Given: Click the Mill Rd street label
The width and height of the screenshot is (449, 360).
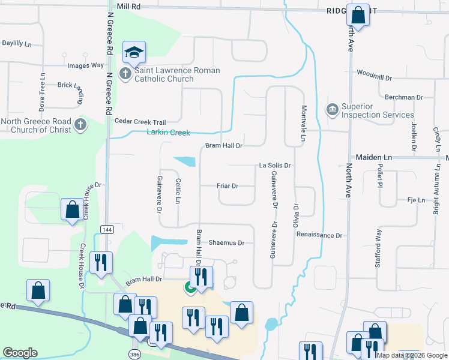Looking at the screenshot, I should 128,5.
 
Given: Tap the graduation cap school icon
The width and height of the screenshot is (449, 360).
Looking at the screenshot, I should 134,52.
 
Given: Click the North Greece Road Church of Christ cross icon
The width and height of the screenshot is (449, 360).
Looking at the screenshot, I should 80,125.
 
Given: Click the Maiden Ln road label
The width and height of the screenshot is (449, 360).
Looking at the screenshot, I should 373,157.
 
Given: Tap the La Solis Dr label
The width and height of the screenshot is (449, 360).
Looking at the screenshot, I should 275,165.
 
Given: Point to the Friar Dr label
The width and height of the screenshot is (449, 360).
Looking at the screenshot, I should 228,186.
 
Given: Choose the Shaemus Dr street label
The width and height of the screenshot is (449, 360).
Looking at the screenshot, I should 226,243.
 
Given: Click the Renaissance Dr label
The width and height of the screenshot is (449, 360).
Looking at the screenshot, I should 319,235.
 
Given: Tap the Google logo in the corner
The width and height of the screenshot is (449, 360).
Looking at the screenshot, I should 20,353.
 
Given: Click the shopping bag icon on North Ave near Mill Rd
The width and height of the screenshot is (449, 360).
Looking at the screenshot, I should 358,16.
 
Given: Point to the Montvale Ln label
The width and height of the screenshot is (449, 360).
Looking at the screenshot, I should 304,124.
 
